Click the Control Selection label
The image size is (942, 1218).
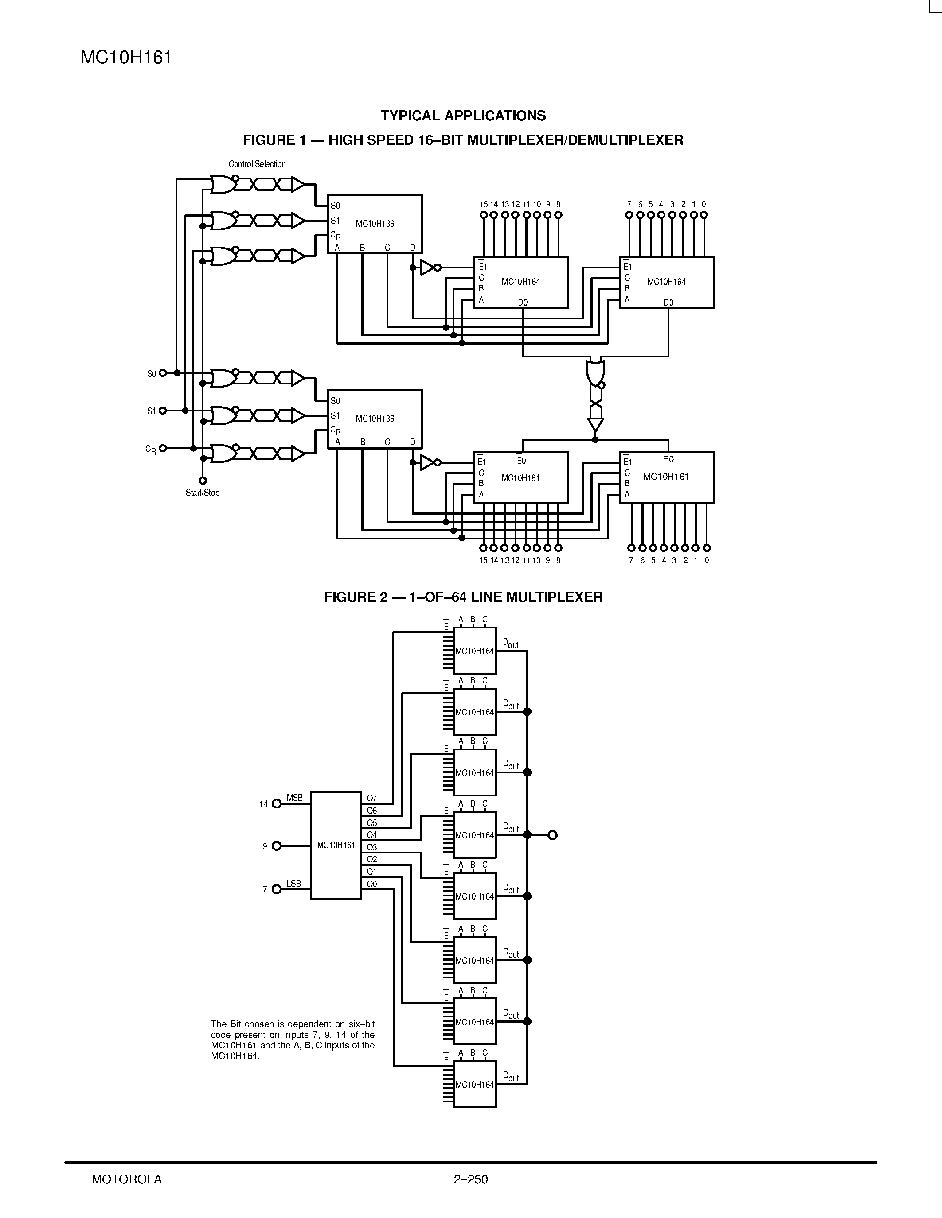point(257,164)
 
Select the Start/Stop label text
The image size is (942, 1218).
point(203,493)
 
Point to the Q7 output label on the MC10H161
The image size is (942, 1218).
point(371,798)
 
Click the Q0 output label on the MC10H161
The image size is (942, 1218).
point(371,884)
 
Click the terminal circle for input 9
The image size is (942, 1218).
point(276,846)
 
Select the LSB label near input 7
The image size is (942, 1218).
point(293,884)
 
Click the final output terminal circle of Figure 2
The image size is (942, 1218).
point(552,835)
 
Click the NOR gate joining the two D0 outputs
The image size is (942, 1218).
point(595,372)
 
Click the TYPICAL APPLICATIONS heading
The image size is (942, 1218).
point(463,116)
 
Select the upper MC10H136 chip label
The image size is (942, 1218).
point(375,224)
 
